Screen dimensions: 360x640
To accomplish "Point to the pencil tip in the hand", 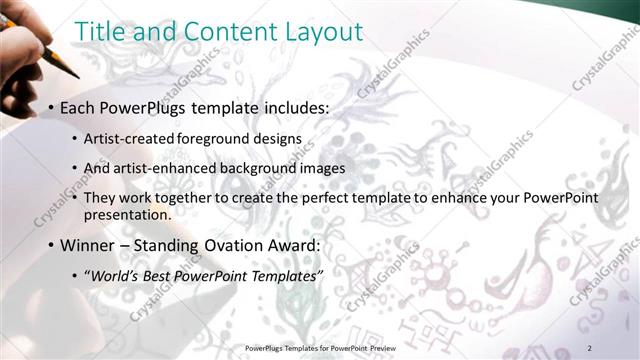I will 75,74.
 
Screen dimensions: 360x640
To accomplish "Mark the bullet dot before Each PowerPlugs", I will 51,107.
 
